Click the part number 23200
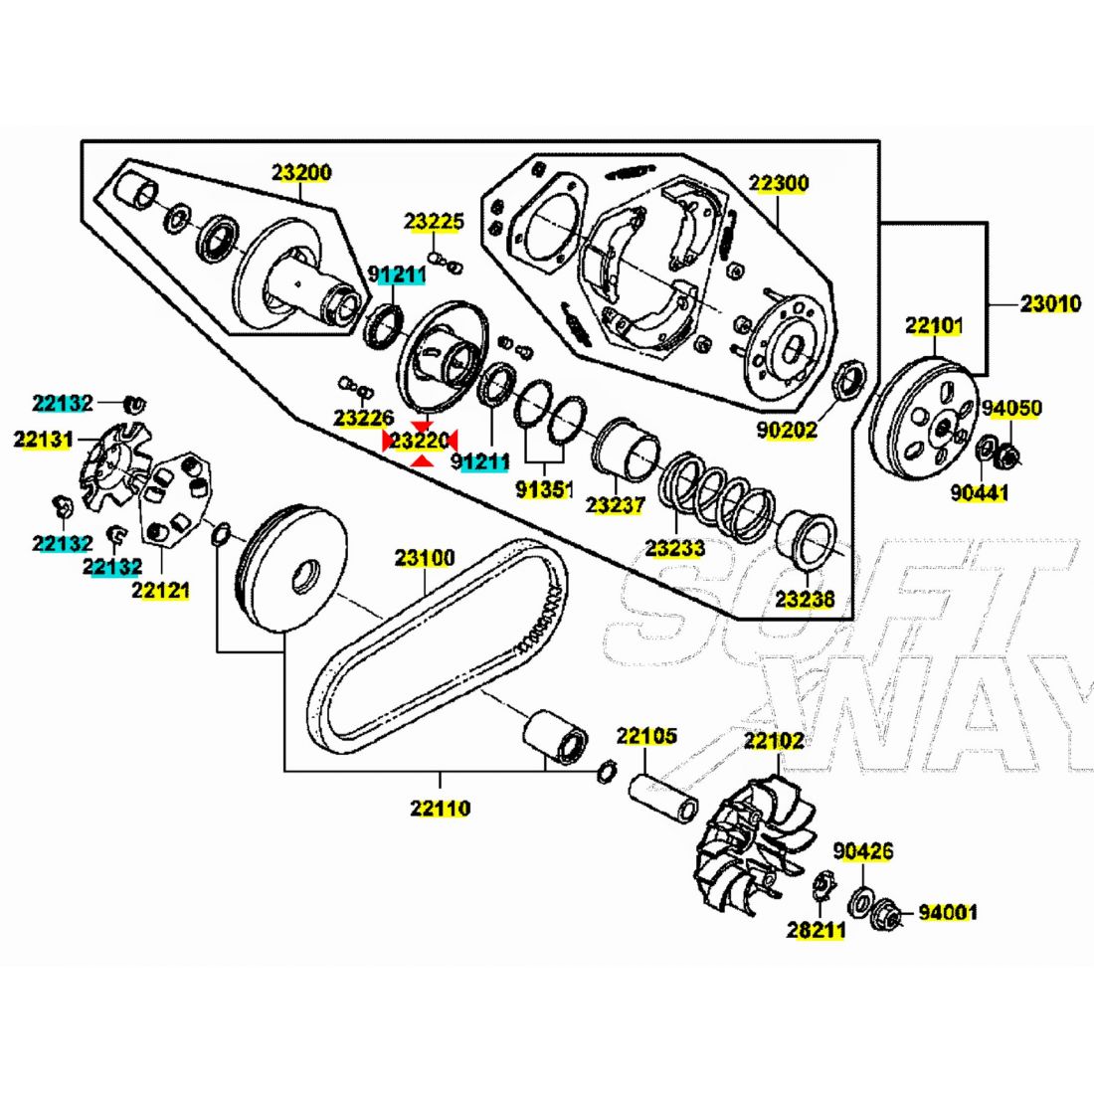[x=302, y=172]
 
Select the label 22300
[x=779, y=183]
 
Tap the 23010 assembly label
[x=1050, y=303]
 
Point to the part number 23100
[x=425, y=558]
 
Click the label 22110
[x=440, y=808]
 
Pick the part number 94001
[x=947, y=912]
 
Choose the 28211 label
[x=816, y=931]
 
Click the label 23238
[x=806, y=600]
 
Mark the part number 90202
[x=786, y=430]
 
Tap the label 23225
[x=434, y=222]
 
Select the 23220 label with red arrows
[x=420, y=439]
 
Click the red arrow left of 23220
[x=388, y=439]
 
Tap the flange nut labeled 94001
[x=888, y=913]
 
